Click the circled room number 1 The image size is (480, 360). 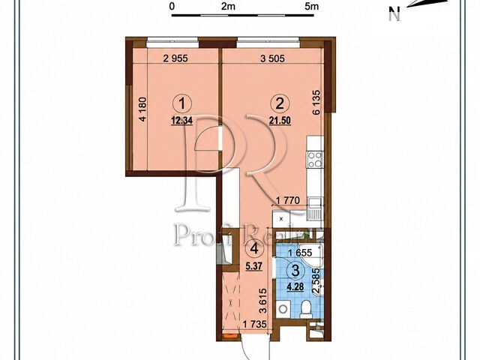182,103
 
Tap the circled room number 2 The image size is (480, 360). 280,103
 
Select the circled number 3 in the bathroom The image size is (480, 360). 295,271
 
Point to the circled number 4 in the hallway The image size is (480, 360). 253,249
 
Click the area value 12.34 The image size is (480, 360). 182,121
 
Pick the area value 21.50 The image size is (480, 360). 280,121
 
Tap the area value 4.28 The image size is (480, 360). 295,287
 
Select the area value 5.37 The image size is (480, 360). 253,265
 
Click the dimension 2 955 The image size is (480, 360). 175,58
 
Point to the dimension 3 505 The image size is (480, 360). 272,58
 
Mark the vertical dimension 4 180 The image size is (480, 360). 143,109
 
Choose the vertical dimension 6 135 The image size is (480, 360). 316,102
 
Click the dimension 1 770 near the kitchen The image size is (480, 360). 287,201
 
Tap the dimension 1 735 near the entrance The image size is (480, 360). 255,324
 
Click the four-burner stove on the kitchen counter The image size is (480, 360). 315,160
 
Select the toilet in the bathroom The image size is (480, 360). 306,308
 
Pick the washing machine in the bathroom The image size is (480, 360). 283,309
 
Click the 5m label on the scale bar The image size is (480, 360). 312,6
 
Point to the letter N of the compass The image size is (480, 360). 395,14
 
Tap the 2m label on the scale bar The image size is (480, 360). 228,6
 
